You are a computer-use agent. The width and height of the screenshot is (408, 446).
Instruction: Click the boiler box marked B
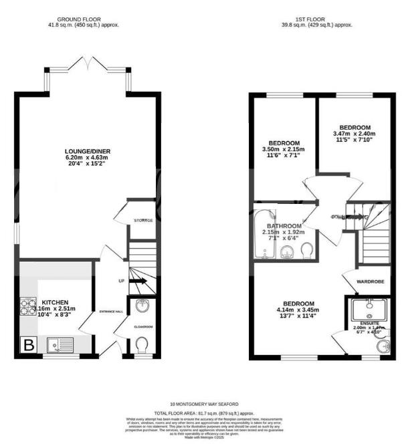point(29,345)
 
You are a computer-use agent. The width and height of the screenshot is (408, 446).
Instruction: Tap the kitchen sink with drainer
point(58,345)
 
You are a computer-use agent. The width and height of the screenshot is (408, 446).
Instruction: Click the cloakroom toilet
point(141,344)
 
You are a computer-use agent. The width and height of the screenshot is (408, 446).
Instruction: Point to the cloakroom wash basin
point(142,307)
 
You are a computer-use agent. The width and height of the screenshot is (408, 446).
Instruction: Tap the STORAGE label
point(143,221)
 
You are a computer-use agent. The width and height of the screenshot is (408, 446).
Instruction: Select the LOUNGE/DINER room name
point(84,150)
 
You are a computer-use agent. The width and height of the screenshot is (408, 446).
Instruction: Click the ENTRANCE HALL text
point(111,312)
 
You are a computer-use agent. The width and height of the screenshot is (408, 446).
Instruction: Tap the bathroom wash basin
point(287,251)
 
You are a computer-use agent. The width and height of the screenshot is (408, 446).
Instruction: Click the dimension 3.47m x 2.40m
point(354,134)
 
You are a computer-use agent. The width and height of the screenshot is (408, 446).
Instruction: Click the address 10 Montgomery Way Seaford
point(203,405)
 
